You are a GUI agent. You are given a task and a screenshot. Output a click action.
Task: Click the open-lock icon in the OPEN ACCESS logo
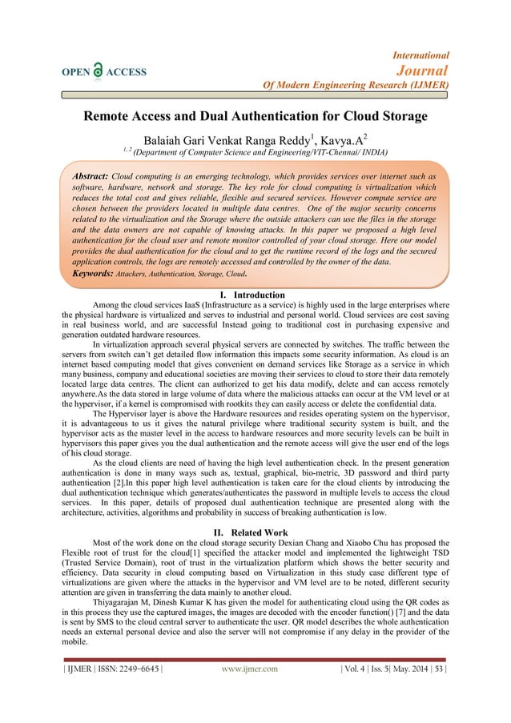99,70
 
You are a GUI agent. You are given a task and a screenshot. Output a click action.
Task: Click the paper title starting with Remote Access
255,116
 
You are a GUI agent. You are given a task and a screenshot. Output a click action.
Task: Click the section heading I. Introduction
256,295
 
